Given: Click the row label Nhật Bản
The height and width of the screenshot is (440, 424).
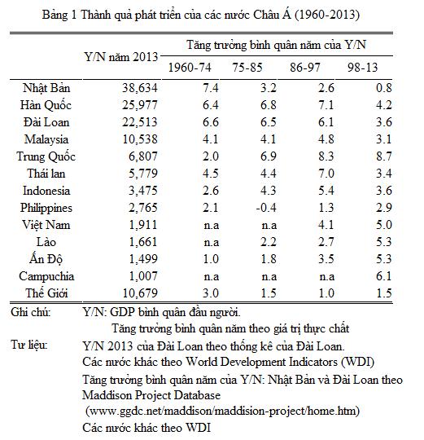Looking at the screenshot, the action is [46, 88].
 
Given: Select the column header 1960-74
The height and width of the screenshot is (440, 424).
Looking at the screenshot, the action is [190, 68].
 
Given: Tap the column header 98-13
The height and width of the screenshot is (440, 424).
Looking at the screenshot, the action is [363, 68].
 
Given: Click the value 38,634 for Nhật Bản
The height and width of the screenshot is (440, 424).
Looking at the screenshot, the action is [140, 88].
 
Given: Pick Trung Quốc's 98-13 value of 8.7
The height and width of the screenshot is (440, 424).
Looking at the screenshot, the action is [383, 156].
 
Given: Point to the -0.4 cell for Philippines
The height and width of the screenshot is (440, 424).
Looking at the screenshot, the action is [266, 208].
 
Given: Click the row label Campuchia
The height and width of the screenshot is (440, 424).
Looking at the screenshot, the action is [46, 276].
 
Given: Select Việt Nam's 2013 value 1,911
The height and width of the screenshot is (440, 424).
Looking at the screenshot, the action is [143, 225].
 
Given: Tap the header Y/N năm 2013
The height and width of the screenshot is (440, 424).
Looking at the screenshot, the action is [121, 57].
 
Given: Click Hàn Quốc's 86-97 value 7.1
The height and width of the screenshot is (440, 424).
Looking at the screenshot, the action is [326, 105].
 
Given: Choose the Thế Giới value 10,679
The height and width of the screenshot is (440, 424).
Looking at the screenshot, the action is [140, 293].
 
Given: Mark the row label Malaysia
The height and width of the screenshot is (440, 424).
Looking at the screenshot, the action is [46, 139].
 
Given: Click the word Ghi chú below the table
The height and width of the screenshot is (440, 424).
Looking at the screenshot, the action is [31, 312].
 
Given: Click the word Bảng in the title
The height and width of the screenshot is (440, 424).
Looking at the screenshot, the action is [55, 15].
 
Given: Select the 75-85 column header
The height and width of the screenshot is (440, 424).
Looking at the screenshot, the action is [247, 68].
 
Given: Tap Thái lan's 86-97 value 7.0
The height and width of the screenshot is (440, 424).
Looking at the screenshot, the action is [326, 174].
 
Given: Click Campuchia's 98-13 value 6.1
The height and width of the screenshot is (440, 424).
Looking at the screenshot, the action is [383, 276].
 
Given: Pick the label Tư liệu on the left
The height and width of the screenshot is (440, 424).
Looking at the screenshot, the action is [28, 345].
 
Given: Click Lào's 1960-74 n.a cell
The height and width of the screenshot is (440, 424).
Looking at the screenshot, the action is [212, 243].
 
